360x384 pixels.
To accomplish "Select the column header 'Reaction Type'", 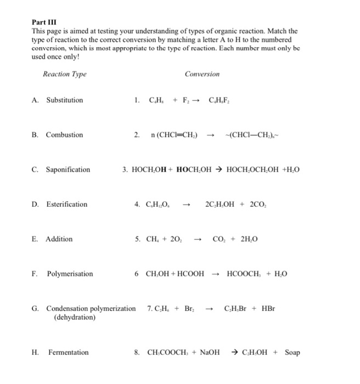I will tap(65, 74).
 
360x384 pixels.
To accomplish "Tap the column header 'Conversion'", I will tap(202, 74).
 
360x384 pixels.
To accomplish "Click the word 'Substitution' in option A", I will tap(65, 100).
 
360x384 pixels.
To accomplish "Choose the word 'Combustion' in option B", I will tap(65, 135).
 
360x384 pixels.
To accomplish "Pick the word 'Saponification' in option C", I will tap(68, 170).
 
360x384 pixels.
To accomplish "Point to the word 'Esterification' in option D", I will tap(67, 205).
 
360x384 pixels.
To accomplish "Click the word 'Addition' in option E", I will tap(59, 239).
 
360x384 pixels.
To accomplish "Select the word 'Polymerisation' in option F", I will tap(70, 274).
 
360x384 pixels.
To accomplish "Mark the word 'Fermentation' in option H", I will tap(69, 352).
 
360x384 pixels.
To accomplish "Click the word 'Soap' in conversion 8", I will tap(292, 352).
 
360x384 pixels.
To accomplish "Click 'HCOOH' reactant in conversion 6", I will tap(192, 274).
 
